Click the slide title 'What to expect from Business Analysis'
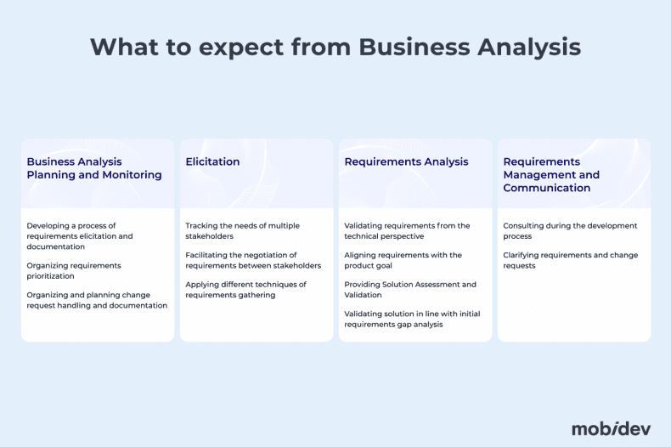coord(335,47)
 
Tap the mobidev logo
coord(611,427)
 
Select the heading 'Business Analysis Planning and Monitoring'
coord(93,168)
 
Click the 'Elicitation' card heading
coord(212,161)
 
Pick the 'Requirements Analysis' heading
coord(406,161)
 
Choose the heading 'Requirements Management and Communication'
coord(551,174)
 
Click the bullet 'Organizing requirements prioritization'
coord(73,270)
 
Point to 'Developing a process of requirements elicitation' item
coord(80,235)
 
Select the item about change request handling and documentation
coord(97,300)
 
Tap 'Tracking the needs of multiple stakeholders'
coord(242,230)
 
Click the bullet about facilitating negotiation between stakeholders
coord(253,260)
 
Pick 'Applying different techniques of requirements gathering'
coord(245,289)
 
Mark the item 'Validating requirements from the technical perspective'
coord(407,230)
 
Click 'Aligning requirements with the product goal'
coord(403,260)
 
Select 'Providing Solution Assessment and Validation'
coord(410,289)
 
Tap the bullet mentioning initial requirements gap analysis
coord(412,319)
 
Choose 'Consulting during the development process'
coord(569,230)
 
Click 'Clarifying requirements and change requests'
coord(570,260)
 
